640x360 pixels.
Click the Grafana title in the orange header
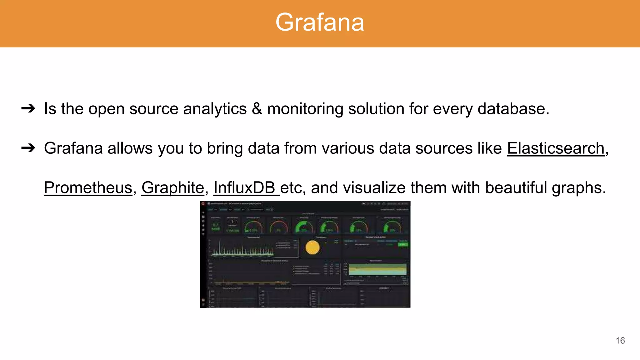click(320, 22)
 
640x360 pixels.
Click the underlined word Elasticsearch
click(556, 148)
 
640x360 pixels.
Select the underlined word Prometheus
click(88, 188)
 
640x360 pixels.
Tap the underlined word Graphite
click(172, 188)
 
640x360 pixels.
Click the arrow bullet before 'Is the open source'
click(28, 108)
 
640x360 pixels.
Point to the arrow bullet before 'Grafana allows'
click(28, 148)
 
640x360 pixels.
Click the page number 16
click(620, 341)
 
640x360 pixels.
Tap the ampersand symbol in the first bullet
click(257, 109)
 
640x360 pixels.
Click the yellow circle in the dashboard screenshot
click(312, 247)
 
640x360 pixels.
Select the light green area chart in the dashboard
click(377, 270)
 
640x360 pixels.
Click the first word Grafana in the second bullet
click(73, 148)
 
